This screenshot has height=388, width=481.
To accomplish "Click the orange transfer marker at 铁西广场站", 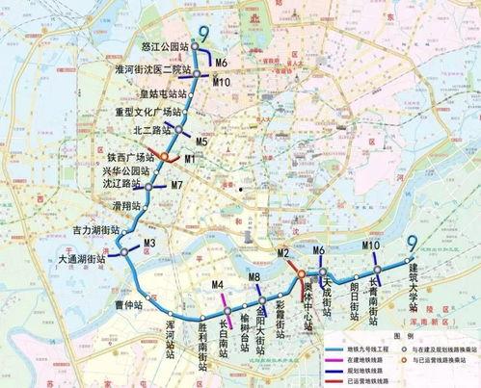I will point(164,157).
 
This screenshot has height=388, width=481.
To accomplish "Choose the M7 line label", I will point(176,184).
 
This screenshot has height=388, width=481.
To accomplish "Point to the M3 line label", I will point(149,242).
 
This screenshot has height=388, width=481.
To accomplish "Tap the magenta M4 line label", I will point(218,285).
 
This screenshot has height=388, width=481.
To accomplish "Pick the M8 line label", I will point(254,278).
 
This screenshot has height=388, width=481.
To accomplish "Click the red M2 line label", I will point(283,253).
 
